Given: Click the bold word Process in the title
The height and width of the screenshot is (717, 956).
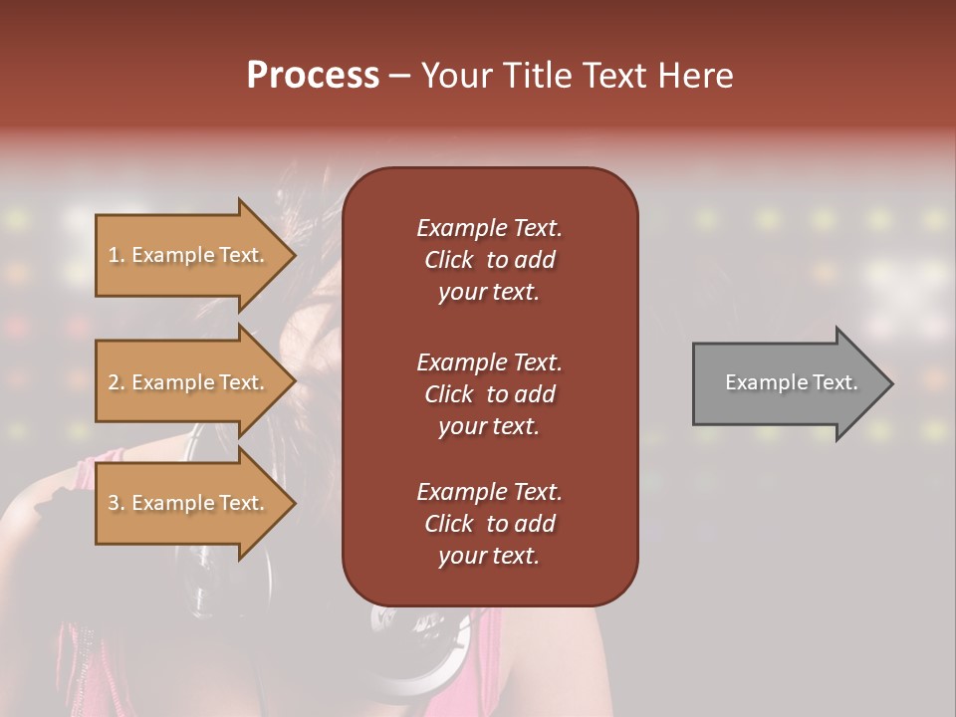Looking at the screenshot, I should (x=313, y=76).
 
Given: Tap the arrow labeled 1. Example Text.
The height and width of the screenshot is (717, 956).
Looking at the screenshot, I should (x=189, y=255).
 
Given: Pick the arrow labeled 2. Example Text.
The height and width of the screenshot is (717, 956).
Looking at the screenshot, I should (x=189, y=382).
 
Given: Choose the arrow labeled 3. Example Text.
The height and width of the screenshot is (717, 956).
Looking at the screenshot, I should (x=189, y=503).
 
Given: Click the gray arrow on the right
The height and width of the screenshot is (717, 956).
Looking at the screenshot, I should (x=787, y=382).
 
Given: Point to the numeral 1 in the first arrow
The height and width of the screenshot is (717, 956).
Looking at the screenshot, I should (x=113, y=255).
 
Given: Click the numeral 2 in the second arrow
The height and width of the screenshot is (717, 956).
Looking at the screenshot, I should (x=114, y=382).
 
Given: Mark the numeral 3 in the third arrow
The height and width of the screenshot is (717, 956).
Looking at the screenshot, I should (x=114, y=503).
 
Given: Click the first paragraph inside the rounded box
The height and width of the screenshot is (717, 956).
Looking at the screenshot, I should (x=489, y=260).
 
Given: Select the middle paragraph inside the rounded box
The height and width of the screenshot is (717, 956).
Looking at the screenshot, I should (x=489, y=394).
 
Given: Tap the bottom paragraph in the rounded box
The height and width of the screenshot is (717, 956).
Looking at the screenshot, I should (x=489, y=524).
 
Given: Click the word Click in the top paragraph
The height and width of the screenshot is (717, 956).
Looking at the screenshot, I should (x=448, y=260).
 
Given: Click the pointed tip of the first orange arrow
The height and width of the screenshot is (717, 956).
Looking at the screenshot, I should (x=293, y=255).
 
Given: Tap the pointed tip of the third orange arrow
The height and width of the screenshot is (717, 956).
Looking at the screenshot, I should (x=293, y=503).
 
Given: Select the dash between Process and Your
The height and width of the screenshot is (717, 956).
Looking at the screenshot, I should (x=400, y=76).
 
